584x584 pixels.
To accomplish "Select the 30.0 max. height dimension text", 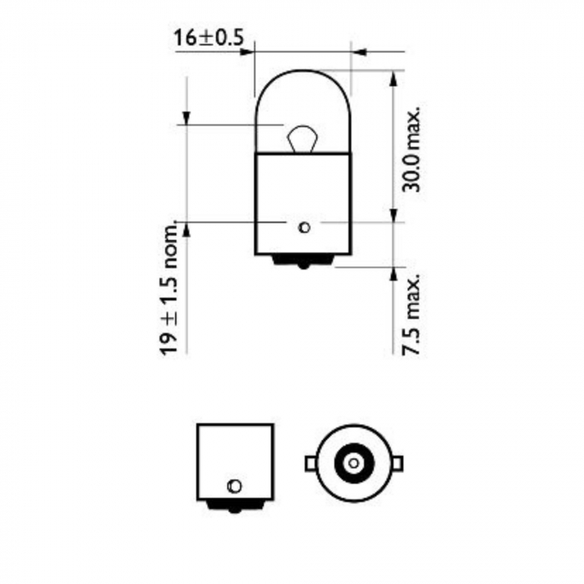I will [x=411, y=149].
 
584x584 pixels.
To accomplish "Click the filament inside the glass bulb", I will [x=301, y=137].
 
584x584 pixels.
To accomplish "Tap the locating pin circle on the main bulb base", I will [x=304, y=226].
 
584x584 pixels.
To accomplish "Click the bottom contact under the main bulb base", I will [x=303, y=263].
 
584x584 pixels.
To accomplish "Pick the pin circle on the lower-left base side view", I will [x=234, y=486].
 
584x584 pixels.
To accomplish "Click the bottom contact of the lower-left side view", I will [x=234, y=504].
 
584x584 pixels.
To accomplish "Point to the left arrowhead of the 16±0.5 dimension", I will [x=247, y=53].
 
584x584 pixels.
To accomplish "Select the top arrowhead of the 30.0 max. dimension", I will [x=393, y=76].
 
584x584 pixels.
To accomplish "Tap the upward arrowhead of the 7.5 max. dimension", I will [x=393, y=271].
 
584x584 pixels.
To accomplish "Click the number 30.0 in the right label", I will [x=411, y=174].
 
